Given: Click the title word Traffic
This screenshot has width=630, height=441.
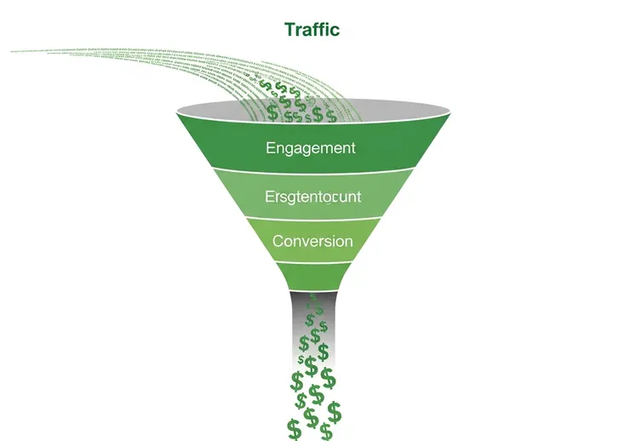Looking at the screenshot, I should [x=312, y=30].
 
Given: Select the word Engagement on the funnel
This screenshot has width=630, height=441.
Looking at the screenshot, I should [x=311, y=148].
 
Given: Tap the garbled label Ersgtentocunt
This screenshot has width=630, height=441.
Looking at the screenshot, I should [x=312, y=197].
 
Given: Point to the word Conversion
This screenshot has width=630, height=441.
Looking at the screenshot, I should [x=312, y=241].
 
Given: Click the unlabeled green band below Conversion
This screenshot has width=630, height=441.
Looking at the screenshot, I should [x=312, y=275].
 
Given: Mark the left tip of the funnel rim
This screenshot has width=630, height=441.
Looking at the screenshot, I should [x=178, y=111].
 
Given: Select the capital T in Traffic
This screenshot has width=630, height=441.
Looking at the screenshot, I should [x=289, y=30].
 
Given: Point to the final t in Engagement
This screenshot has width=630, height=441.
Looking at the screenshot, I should [x=352, y=148].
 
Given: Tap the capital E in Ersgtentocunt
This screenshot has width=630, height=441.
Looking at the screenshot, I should [x=269, y=197].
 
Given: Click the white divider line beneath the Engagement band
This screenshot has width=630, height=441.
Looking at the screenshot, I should [x=312, y=168].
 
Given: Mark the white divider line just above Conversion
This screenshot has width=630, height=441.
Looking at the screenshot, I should [x=312, y=217].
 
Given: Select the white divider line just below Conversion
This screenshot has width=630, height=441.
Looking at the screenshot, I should [x=312, y=261].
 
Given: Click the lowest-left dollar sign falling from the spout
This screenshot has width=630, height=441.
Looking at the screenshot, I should [x=294, y=428].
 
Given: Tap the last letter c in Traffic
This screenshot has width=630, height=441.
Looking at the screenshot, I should [x=335, y=30].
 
